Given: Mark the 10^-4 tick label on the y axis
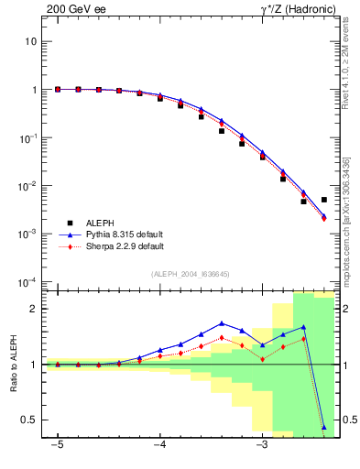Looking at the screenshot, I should coord(28,282).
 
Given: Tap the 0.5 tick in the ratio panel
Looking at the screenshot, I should coord(29,420).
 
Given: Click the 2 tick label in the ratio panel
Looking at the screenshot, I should coord(34,309).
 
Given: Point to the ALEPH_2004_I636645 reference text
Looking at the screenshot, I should coord(191,274).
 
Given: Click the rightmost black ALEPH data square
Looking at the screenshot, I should coord(323,200).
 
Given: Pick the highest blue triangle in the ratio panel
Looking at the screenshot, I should coord(221,322).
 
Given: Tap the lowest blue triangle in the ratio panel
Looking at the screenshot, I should coord(323,427).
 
